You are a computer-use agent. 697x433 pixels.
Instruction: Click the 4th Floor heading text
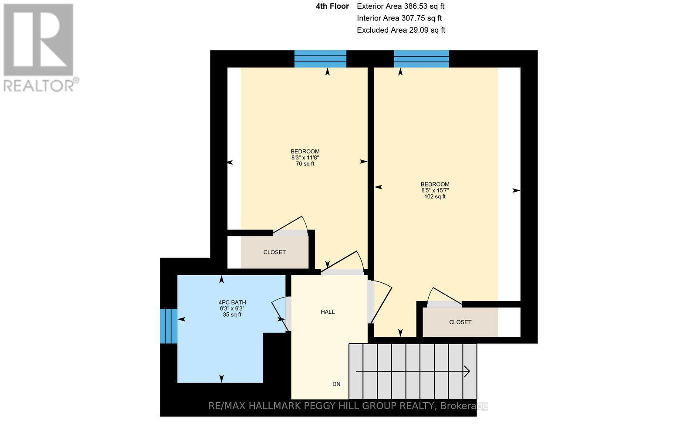click(332, 6)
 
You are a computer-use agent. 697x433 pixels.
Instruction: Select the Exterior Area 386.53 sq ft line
click(400, 6)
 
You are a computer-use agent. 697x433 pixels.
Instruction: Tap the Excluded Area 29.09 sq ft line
click(401, 30)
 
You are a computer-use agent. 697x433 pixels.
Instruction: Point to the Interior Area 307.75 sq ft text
click(399, 18)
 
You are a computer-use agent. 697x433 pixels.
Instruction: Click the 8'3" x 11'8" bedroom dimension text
click(305, 158)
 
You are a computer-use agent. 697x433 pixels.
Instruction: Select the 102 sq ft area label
click(434, 196)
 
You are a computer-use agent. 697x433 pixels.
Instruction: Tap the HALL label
click(328, 312)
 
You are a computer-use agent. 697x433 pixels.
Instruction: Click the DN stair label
click(336, 384)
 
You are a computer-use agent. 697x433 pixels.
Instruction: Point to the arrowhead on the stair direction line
click(467, 372)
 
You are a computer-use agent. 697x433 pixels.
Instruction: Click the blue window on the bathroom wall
click(168, 326)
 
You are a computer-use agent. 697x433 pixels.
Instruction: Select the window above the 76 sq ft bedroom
click(320, 59)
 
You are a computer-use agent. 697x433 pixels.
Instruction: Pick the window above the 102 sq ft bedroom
click(421, 59)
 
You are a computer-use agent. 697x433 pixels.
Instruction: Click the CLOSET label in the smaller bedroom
click(274, 252)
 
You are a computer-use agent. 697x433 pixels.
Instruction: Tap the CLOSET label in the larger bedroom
click(460, 322)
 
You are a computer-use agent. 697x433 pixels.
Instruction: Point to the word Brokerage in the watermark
click(464, 406)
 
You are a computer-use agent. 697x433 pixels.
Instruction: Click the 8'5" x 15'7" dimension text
click(435, 190)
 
